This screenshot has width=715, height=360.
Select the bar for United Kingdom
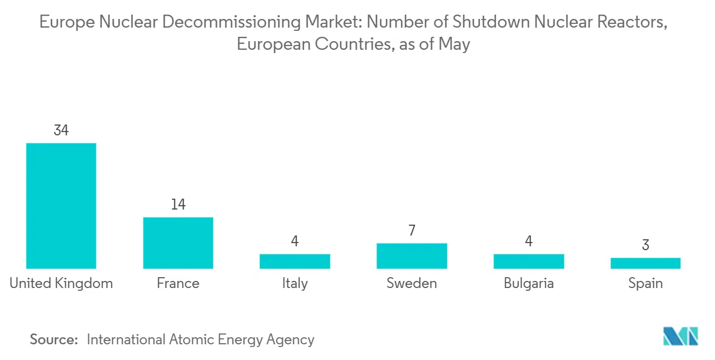(61, 206)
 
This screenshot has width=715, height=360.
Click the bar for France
(178, 243)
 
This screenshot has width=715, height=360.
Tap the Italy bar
(295, 261)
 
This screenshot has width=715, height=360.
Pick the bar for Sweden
(412, 256)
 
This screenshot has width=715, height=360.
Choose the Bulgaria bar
(529, 261)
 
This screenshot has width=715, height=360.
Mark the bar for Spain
(645, 263)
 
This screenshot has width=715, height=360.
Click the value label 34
(61, 130)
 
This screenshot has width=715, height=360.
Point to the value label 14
(178, 204)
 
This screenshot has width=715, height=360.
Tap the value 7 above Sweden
(412, 231)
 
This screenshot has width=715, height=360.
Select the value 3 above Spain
(645, 245)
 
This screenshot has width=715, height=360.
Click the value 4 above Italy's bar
(295, 241)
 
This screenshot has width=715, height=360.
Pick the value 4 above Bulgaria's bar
(529, 241)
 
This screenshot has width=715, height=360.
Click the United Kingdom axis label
(61, 283)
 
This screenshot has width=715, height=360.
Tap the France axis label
(178, 283)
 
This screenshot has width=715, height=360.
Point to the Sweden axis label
(412, 283)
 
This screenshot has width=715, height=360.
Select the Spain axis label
(645, 283)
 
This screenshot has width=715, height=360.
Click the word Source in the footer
(54, 339)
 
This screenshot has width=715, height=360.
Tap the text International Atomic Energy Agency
(200, 339)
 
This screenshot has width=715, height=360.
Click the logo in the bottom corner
(681, 336)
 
